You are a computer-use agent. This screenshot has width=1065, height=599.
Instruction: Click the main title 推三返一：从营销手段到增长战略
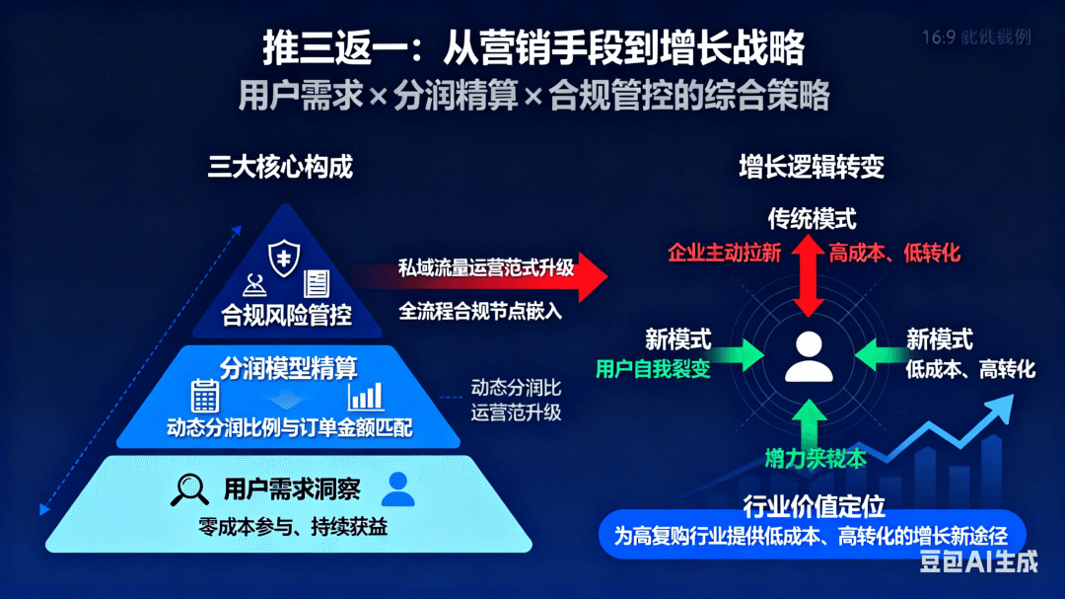532,46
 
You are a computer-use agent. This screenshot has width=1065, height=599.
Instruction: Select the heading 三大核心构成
280,167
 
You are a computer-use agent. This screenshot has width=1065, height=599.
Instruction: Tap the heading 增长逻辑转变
812,167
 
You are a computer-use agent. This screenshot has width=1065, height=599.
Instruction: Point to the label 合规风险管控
287,315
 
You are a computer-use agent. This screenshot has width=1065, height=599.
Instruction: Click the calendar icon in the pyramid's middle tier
205,396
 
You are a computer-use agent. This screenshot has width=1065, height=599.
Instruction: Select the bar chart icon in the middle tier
365,396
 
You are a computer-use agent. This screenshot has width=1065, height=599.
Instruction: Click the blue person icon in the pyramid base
397,487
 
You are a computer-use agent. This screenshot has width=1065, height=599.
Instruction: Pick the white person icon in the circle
810,357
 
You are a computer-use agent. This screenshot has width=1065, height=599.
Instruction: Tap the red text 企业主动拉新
725,253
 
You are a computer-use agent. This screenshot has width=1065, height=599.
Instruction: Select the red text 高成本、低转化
894,253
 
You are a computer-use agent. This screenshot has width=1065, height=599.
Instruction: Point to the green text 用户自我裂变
653,369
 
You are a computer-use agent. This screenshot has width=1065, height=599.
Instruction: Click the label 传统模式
812,218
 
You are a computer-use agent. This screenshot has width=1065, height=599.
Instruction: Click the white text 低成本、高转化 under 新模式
970,369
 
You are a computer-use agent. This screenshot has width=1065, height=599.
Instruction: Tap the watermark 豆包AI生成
978,562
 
